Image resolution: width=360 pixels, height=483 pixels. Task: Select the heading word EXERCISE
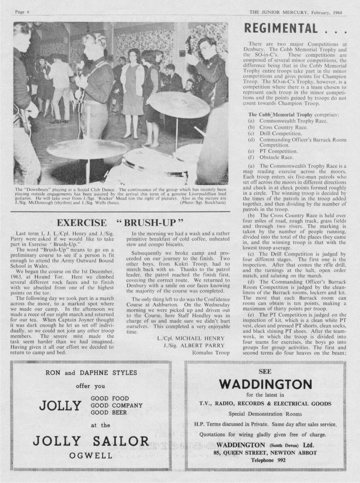point(82,223)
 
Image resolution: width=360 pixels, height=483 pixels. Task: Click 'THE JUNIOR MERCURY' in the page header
point(279,12)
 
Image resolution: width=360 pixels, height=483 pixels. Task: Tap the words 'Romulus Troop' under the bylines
point(211,353)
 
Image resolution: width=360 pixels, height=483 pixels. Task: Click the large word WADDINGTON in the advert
point(265,383)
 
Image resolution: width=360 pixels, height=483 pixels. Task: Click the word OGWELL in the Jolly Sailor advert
point(91,455)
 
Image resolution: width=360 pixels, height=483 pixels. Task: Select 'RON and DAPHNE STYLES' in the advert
point(91,373)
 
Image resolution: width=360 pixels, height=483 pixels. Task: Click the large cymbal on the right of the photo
point(178,104)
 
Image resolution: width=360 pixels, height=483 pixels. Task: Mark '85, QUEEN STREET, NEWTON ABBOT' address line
point(265,453)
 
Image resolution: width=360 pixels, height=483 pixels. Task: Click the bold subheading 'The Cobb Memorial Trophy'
point(274,115)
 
